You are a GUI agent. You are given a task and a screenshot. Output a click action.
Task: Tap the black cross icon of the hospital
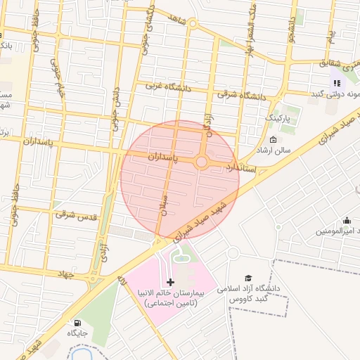tap(171, 282)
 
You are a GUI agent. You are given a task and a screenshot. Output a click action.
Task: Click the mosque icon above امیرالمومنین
tap(346, 220)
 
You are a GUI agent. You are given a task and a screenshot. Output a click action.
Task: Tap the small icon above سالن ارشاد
tap(273, 139)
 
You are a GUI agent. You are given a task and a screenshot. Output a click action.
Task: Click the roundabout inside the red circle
tap(202, 162)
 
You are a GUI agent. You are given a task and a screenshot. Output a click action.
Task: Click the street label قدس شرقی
tap(75, 212)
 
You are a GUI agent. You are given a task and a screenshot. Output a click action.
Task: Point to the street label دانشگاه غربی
tap(163, 86)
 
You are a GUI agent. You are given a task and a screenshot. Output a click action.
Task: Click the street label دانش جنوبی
tap(115, 110)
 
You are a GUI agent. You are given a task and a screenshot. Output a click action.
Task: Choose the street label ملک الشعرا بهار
tap(248, 35)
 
